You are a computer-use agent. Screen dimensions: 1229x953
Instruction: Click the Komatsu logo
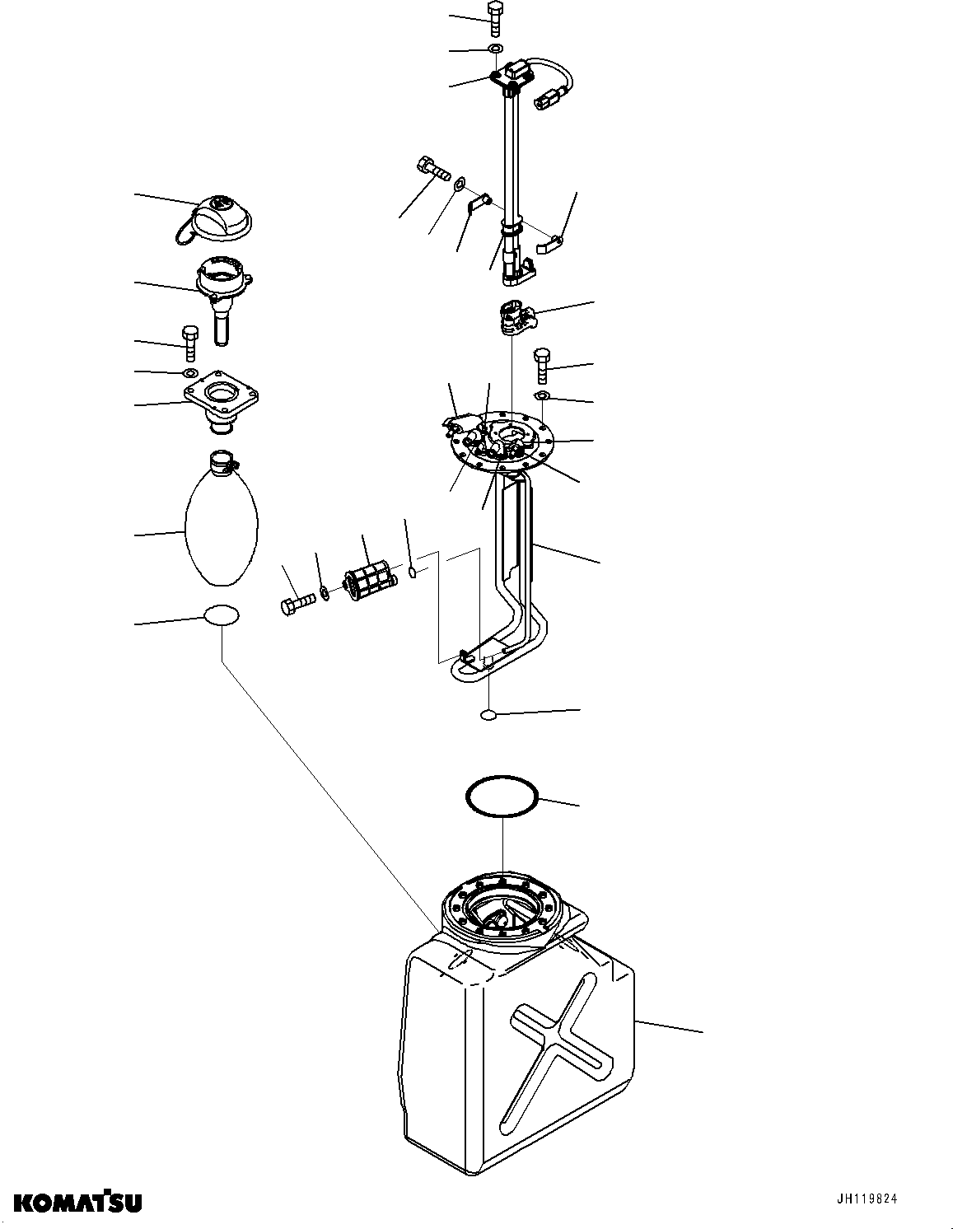click(x=77, y=1202)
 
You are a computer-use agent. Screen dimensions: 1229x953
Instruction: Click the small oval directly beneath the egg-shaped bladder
click(x=222, y=615)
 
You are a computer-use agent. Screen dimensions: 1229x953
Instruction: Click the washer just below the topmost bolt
click(x=494, y=50)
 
